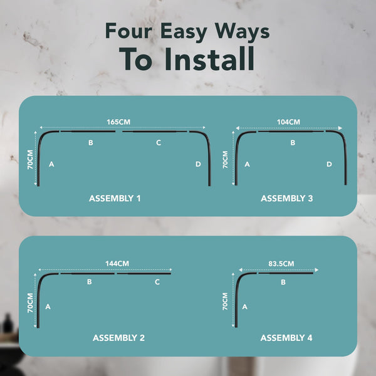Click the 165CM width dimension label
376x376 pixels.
118,122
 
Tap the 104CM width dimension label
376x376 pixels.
288,122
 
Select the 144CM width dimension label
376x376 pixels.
117,264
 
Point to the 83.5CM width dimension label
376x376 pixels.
281,264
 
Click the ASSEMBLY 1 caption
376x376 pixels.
115,198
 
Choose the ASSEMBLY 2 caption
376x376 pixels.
118,338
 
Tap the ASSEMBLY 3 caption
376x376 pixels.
287,198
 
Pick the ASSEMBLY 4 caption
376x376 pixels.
286,338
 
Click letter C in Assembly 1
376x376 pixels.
159,143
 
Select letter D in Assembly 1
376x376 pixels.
198,164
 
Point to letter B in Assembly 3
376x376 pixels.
293,143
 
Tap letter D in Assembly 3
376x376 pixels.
329,164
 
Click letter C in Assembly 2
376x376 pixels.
157,282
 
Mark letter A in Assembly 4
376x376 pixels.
244,306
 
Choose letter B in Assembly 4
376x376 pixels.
283,282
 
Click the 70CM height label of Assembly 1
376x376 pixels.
30,160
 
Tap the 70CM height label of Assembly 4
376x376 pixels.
225,301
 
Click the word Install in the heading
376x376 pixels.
209,59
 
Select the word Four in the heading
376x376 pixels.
128,31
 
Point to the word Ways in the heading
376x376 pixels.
242,32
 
